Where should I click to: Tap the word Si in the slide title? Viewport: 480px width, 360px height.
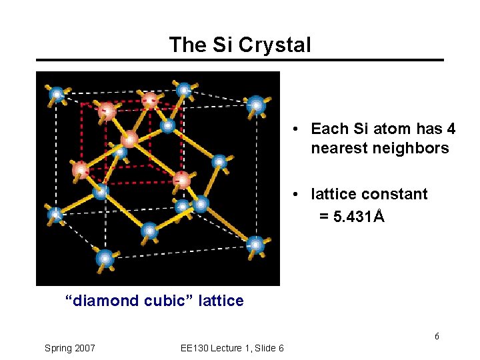pos(219,45)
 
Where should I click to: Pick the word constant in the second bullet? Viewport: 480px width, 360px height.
pos(397,194)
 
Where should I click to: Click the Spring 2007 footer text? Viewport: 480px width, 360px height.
pos(69,348)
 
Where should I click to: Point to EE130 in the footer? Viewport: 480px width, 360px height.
pos(195,348)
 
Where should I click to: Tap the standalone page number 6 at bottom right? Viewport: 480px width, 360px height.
pos(437,336)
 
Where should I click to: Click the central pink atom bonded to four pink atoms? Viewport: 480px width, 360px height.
pos(129,139)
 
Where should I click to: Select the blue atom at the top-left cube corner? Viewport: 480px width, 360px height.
pos(57,95)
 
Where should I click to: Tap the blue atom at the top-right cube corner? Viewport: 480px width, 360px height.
pos(255,105)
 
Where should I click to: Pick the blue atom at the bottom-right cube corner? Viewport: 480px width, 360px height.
pos(255,245)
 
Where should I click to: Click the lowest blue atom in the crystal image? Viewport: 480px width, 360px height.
pos(104,258)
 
